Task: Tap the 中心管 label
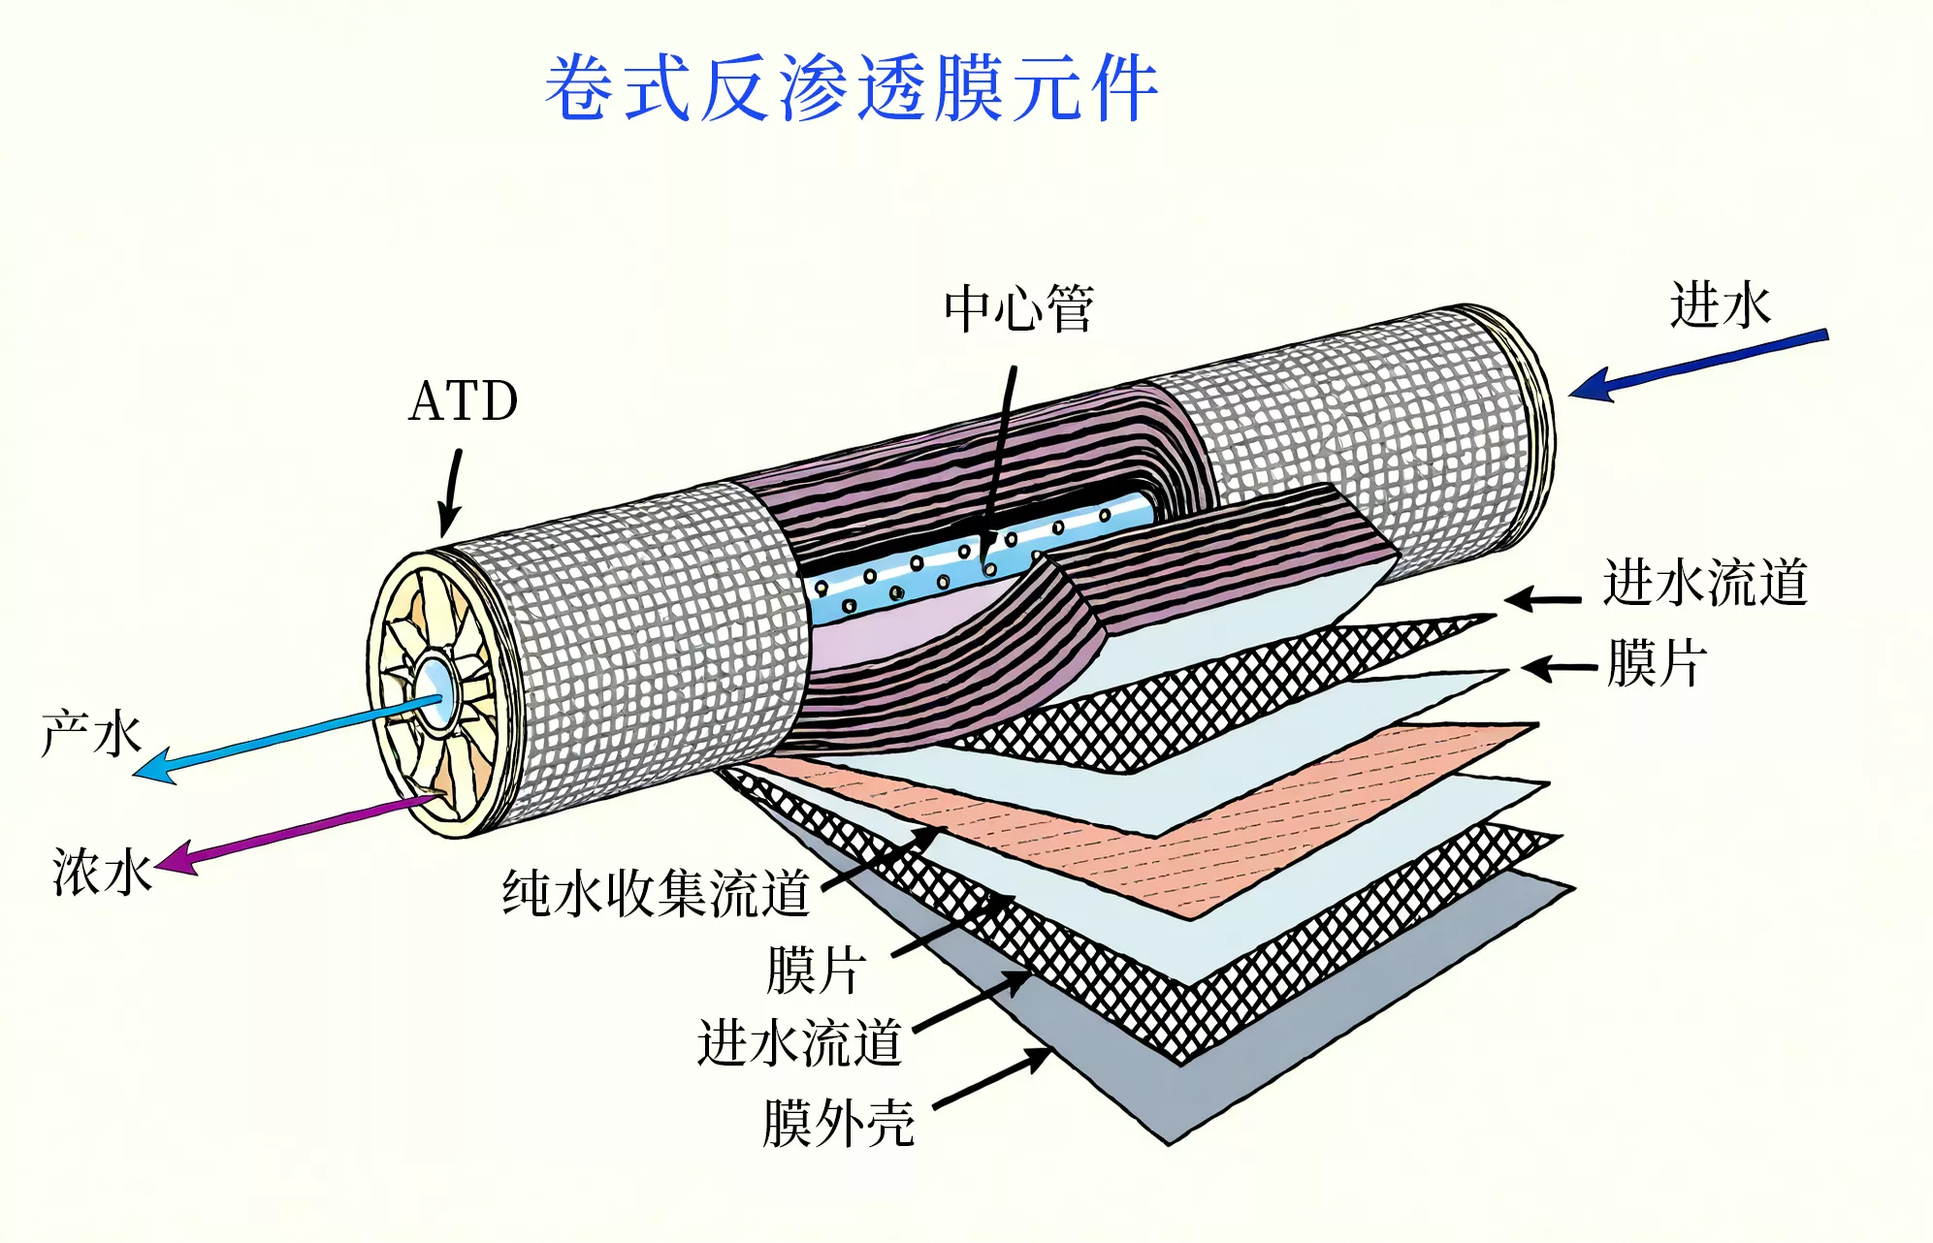pos(1018,308)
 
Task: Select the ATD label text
pos(464,400)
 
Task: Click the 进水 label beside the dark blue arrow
pos(1720,304)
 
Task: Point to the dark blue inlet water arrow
pos(1697,365)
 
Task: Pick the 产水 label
pos(92,733)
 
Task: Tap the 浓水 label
pos(102,872)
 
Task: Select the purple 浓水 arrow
pos(296,833)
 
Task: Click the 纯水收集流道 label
pos(656,893)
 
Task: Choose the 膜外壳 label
pos(838,1123)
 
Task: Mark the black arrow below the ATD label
pos(450,493)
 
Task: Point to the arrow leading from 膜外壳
pos(991,1077)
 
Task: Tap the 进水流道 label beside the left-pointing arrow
pos(1704,583)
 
